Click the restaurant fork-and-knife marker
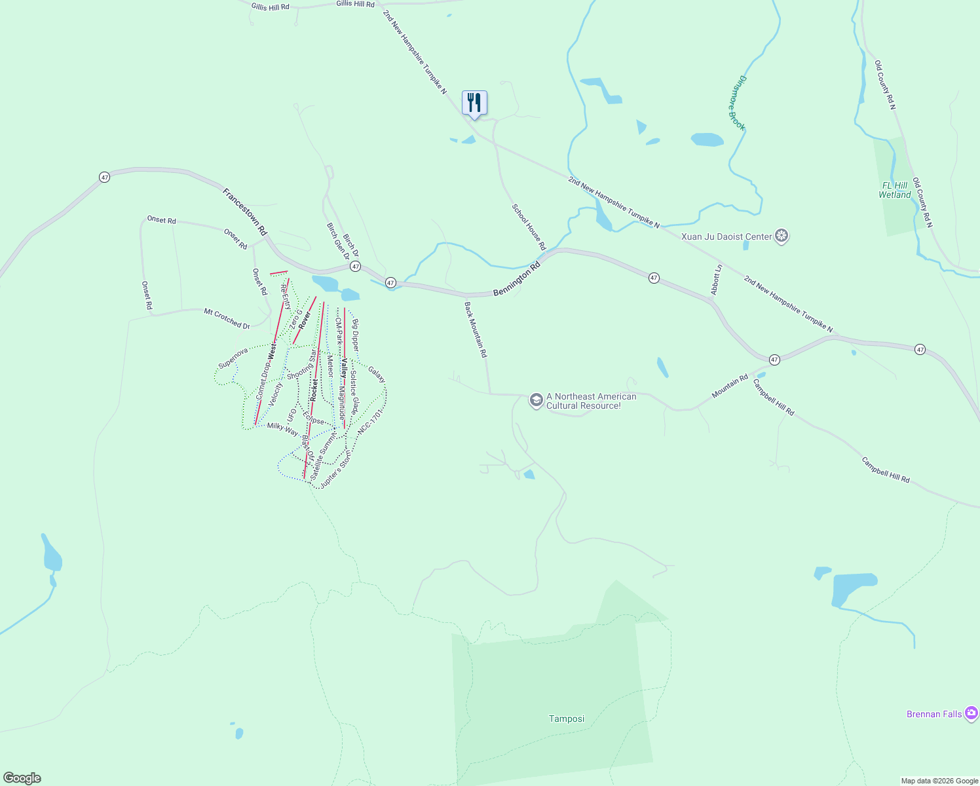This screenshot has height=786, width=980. tap(474, 103)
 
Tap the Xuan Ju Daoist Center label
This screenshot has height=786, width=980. tap(726, 236)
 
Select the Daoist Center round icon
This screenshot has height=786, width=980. tap(781, 236)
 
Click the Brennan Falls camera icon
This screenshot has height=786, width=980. tap(971, 713)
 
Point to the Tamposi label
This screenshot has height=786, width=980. tap(567, 719)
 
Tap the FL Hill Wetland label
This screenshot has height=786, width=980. tap(895, 190)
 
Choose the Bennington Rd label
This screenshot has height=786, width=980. tap(517, 278)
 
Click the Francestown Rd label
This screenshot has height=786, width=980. tap(245, 212)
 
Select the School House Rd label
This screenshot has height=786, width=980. tap(529, 227)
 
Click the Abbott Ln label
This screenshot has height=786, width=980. tap(717, 280)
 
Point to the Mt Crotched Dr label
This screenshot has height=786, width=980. tap(227, 318)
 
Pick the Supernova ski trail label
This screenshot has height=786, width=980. tap(233, 358)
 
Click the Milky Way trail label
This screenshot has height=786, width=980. tap(282, 429)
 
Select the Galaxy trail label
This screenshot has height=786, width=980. tap(377, 374)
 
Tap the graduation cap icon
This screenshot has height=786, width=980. tap(536, 400)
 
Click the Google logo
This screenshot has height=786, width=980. tap(21, 778)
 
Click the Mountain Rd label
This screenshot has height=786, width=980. tap(730, 386)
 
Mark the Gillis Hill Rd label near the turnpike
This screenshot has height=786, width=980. tap(355, 4)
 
